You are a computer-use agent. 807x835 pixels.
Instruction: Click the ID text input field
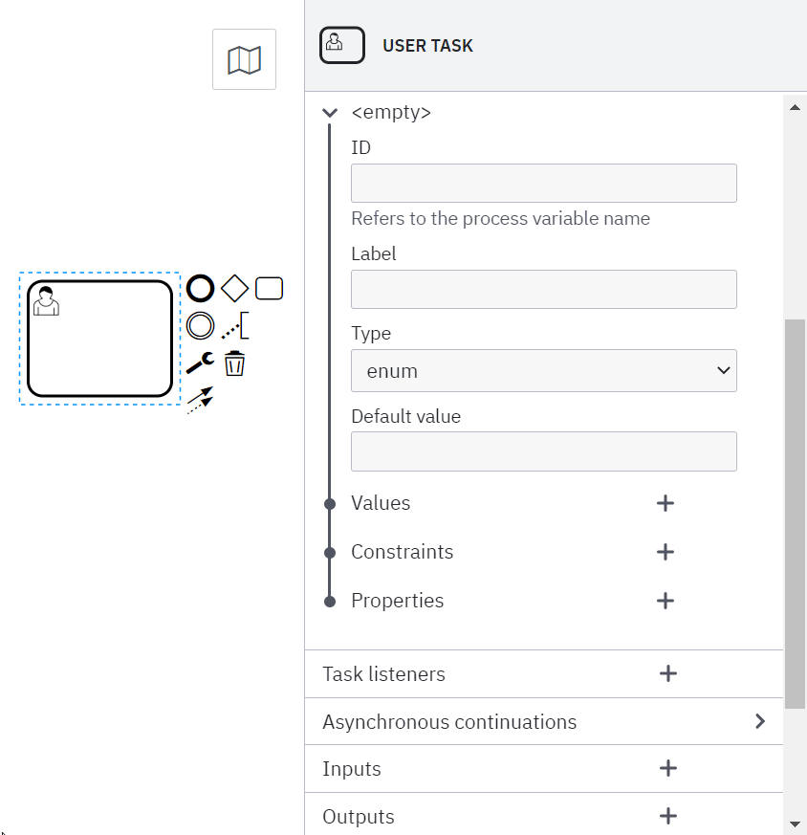point(543,183)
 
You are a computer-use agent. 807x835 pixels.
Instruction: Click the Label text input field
point(543,289)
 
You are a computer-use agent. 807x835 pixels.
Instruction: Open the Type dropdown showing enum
point(543,371)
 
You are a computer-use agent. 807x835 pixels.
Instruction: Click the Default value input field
point(543,451)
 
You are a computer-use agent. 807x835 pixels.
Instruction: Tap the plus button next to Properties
point(665,601)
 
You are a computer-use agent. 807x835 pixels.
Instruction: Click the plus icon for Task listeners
point(668,674)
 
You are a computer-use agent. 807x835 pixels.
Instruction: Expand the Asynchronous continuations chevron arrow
point(760,721)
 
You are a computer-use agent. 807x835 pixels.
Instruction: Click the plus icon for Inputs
point(668,768)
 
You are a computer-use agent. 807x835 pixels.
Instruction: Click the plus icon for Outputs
point(668,816)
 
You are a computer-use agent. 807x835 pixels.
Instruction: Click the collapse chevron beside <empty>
point(330,113)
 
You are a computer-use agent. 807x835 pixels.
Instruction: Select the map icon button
point(244,60)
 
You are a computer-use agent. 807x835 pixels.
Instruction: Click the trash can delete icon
point(234,363)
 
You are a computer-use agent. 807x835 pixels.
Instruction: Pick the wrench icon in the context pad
point(200,363)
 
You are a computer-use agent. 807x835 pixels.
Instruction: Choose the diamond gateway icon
point(234,288)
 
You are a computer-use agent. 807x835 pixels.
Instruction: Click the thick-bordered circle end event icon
point(200,288)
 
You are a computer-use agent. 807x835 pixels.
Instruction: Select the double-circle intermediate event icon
point(200,326)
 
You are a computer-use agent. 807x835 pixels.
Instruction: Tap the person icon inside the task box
point(46,299)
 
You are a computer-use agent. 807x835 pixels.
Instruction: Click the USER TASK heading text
point(427,46)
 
